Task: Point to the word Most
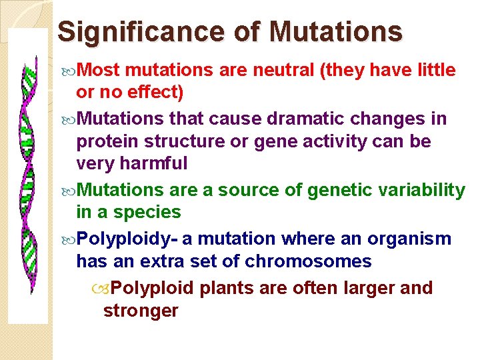(99, 70)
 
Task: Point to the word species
(147, 213)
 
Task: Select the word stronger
(141, 311)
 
